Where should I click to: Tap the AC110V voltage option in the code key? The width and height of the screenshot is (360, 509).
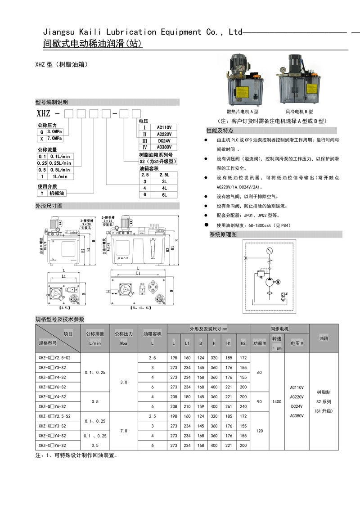164,127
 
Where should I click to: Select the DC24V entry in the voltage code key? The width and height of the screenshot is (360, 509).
164,141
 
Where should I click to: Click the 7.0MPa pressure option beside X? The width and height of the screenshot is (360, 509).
54,139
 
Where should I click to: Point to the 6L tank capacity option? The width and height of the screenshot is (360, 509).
164,195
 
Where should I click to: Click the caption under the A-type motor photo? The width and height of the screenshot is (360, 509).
243,112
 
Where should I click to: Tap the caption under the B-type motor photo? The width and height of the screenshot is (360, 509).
299,112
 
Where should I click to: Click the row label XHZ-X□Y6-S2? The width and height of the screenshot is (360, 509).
52,445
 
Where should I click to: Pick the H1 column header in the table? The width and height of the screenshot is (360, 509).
229,343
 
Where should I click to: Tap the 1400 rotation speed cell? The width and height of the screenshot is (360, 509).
277,401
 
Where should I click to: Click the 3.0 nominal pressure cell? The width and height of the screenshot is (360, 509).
124,382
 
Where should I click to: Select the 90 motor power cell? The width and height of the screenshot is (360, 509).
259,401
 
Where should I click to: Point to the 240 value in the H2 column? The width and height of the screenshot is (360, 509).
243,406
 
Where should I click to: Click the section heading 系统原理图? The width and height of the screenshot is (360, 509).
224,234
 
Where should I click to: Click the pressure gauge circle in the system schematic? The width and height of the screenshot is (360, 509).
270,251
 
